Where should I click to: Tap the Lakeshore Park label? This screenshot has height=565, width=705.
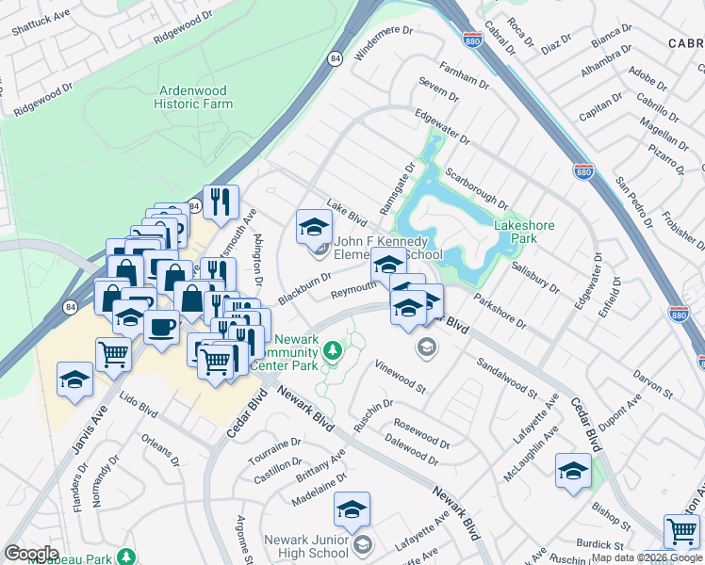click(524, 232)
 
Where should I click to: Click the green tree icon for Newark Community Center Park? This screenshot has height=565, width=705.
click(332, 352)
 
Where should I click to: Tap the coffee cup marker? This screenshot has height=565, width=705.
click(162, 327)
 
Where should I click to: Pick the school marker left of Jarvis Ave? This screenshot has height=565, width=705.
click(74, 379)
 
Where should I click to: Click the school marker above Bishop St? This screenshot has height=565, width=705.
click(573, 471)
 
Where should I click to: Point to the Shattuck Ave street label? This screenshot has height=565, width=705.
click(40, 23)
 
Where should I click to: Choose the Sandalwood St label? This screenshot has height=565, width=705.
click(506, 377)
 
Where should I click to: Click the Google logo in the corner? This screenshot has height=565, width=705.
click(31, 554)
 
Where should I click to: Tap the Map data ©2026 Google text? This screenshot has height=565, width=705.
click(648, 558)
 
